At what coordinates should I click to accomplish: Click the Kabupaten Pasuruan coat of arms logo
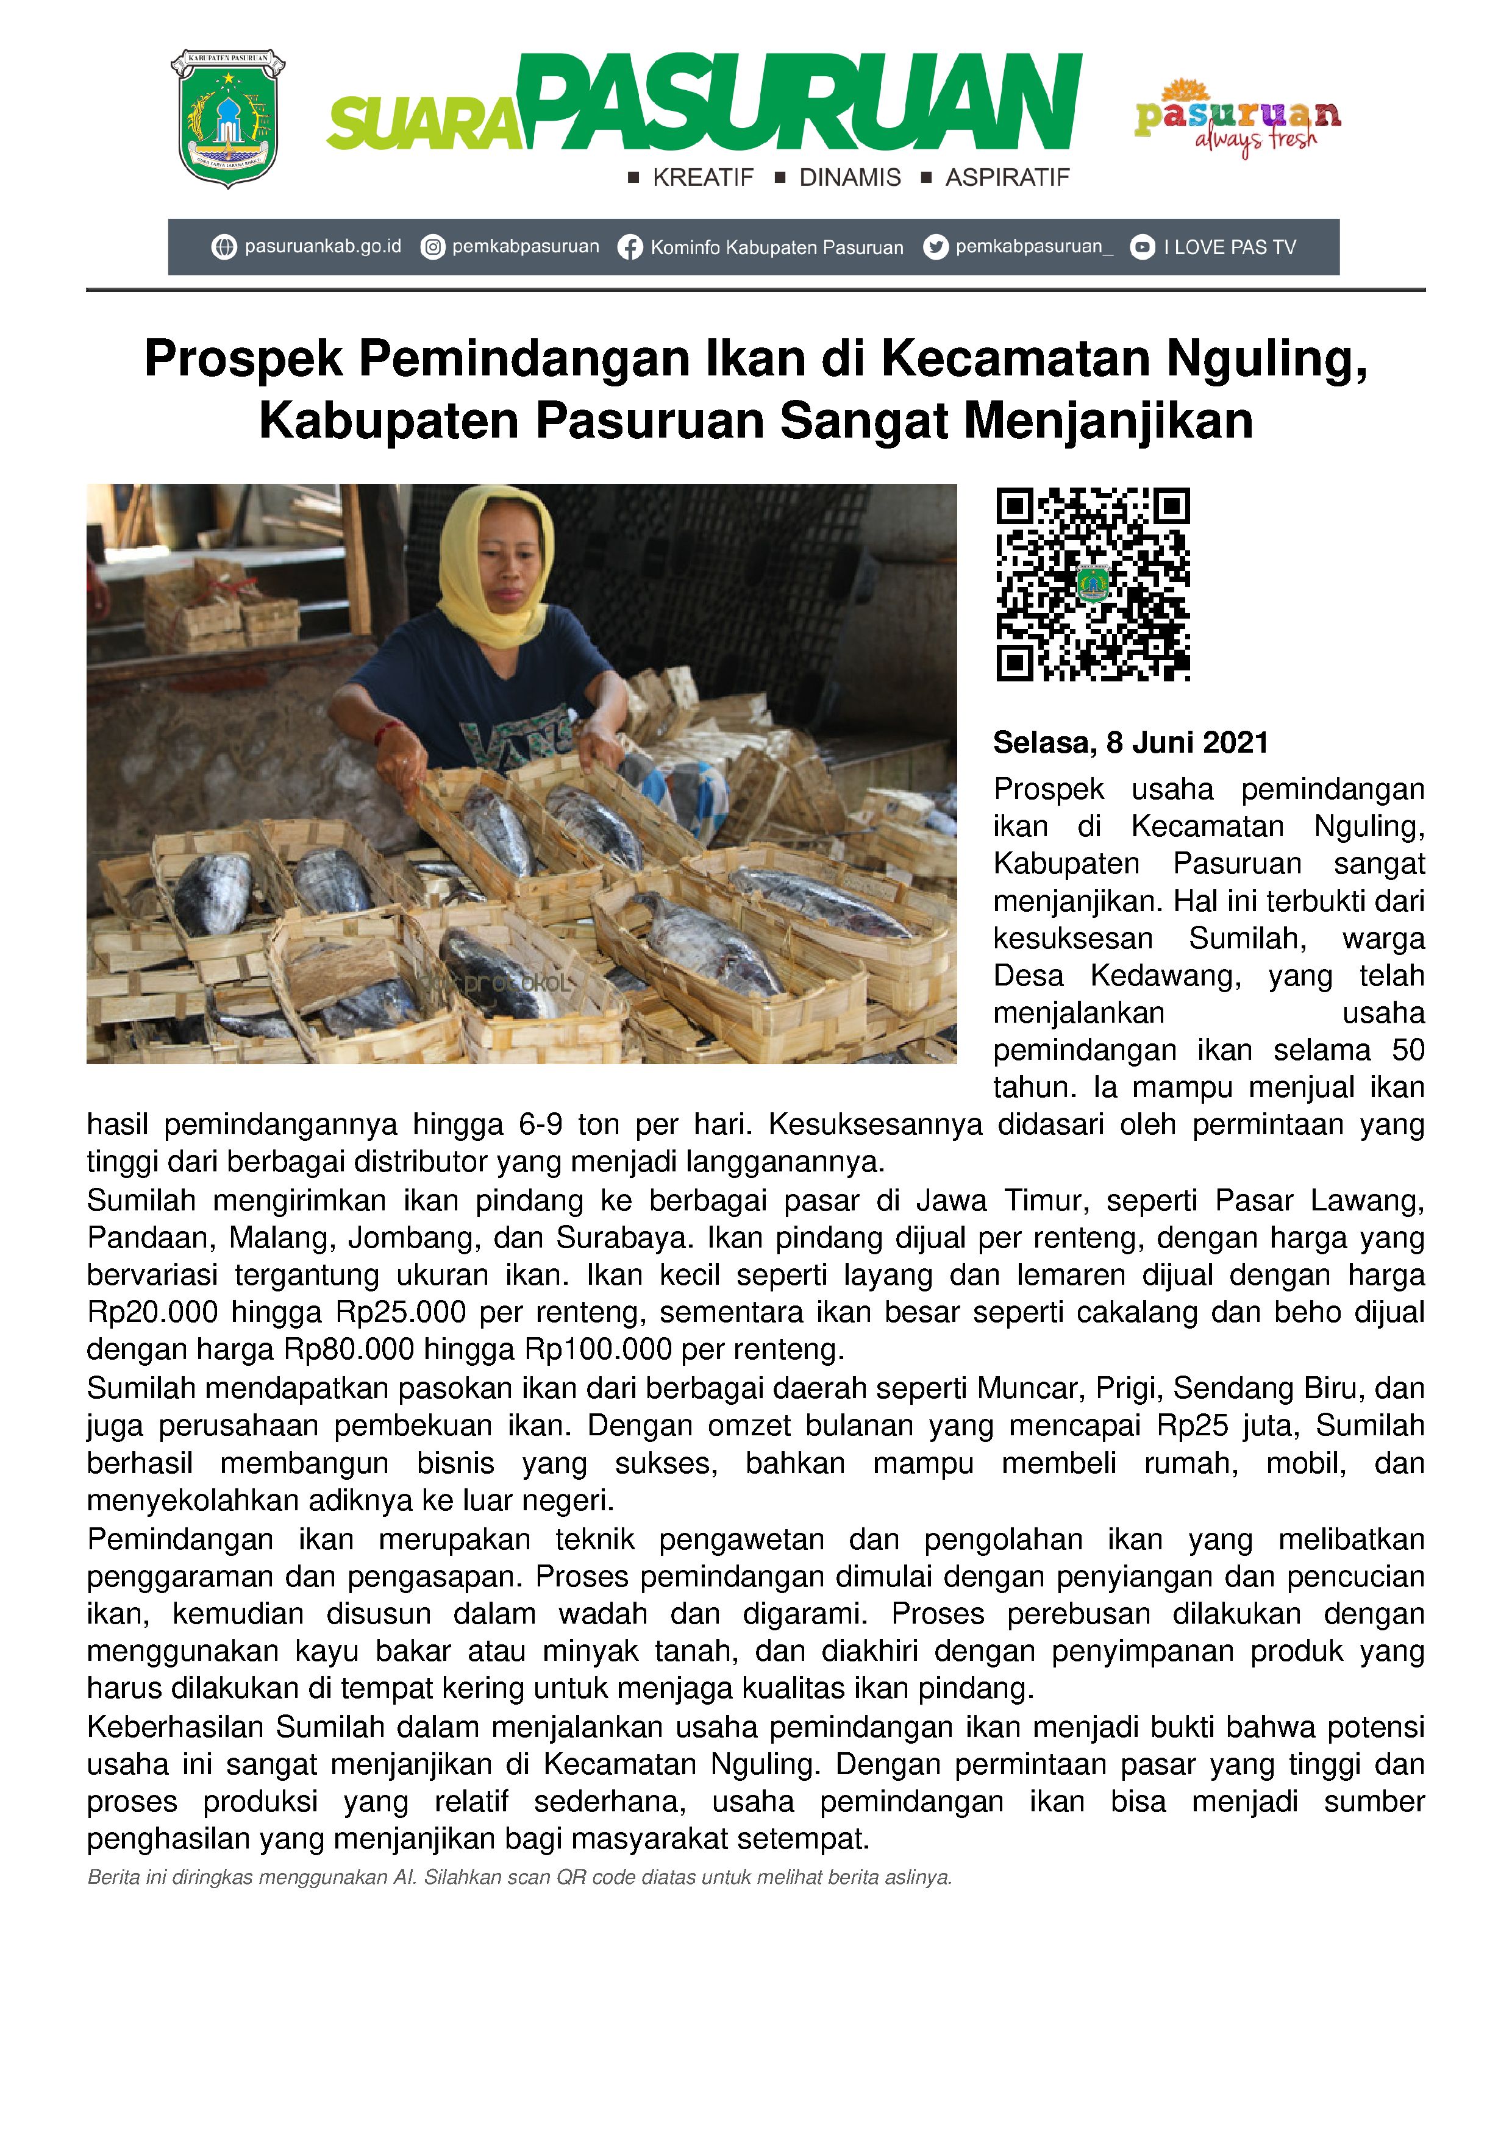click(227, 118)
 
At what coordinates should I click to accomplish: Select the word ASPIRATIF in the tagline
click(1007, 178)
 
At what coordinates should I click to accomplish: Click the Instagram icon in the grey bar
click(432, 247)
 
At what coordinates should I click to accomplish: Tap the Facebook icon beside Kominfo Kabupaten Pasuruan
click(630, 247)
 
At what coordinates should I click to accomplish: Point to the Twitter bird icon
click(935, 247)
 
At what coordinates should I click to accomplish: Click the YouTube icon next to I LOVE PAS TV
click(1142, 247)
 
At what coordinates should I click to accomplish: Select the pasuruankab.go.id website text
click(323, 247)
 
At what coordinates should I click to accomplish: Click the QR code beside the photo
click(1093, 584)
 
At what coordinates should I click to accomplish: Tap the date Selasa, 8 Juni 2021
click(1130, 743)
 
